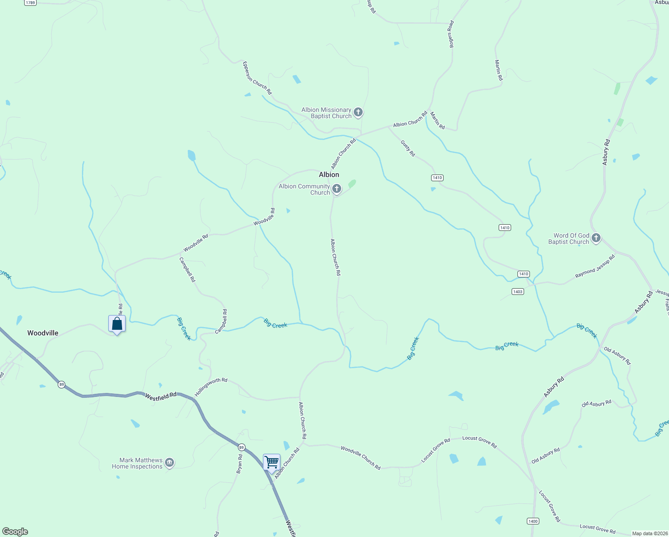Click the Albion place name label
329,175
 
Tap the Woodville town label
43,333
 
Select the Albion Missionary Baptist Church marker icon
358,112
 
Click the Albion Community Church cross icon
337,189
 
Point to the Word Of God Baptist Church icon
596,238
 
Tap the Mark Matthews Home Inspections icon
169,463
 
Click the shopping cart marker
271,462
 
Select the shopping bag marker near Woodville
117,324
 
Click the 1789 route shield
30,3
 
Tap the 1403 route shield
517,292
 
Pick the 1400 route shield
533,521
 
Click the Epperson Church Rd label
257,77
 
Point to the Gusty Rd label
407,148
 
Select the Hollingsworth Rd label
211,387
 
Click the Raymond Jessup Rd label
595,266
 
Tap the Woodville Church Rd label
360,457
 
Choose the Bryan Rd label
240,464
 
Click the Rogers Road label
452,34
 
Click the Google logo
15,532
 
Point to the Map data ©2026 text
650,533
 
